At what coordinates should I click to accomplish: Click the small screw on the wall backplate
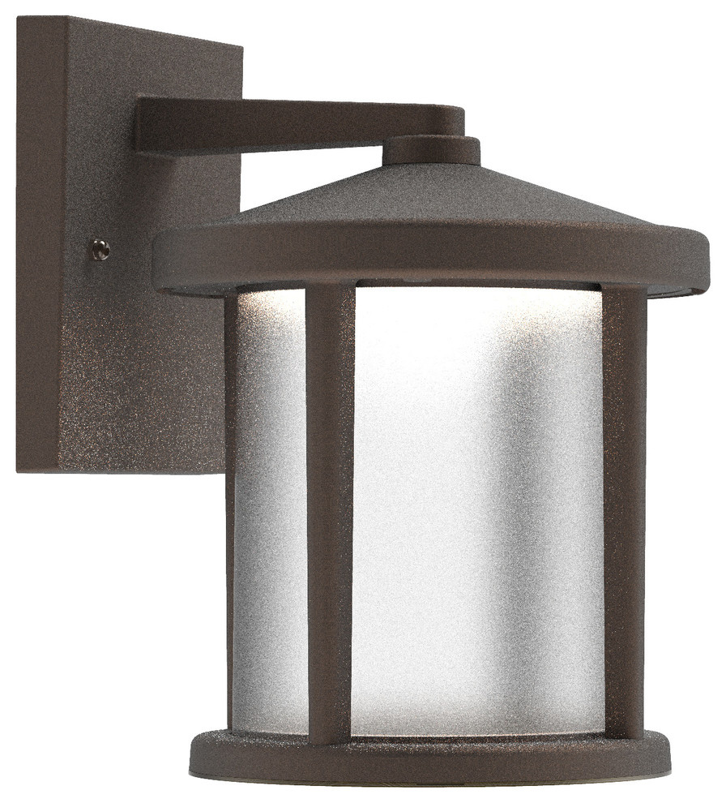coord(100,250)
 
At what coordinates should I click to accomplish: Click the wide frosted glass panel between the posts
coord(478,503)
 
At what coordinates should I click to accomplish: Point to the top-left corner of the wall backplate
coord(19,19)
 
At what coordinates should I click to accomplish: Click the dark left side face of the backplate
coord(39,243)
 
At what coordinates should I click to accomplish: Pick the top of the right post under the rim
coord(625,296)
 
